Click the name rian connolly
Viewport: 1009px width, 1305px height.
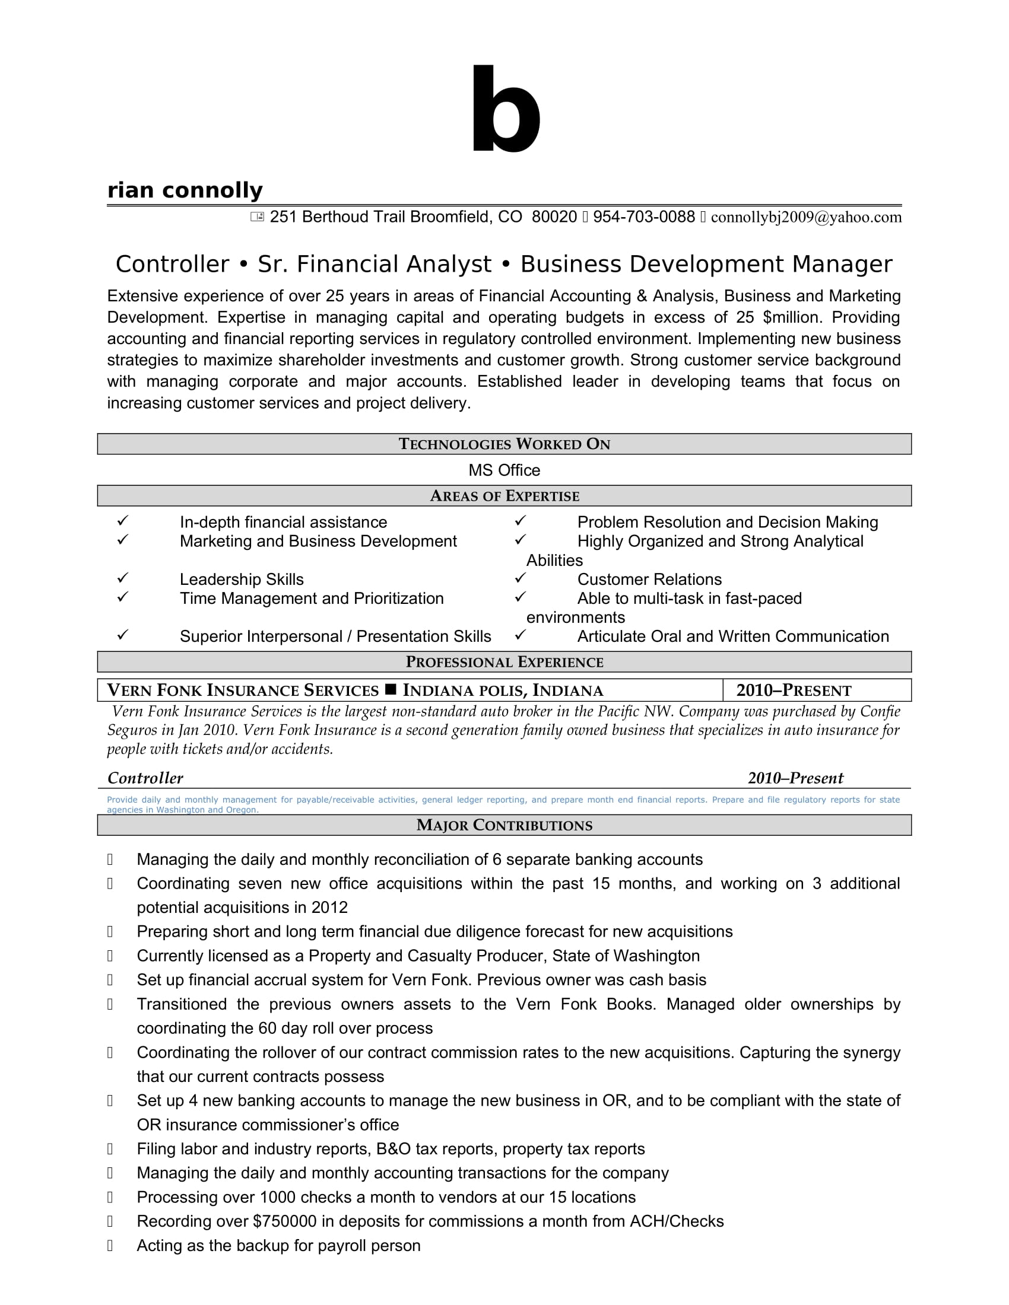(185, 190)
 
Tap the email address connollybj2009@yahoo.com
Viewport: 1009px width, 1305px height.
(806, 217)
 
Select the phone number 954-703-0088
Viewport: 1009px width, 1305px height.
(644, 217)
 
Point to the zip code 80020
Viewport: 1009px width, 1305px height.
(554, 217)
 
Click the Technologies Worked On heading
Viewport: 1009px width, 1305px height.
(504, 444)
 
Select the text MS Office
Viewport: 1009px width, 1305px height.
(504, 470)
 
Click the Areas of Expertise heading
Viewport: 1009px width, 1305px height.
(504, 496)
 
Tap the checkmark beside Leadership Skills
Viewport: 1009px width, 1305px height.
(122, 578)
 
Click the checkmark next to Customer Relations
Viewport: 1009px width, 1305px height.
(520, 578)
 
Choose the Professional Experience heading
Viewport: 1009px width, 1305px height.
(504, 662)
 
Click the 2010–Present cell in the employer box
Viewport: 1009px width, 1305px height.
(793, 690)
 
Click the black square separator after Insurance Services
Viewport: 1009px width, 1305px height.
(391, 689)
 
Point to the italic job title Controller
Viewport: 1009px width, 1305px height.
(145, 778)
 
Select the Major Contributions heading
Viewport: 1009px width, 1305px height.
(504, 825)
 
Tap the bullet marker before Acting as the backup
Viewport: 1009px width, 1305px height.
(110, 1246)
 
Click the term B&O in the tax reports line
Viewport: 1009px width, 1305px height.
(394, 1149)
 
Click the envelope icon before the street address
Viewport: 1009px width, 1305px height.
(257, 217)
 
